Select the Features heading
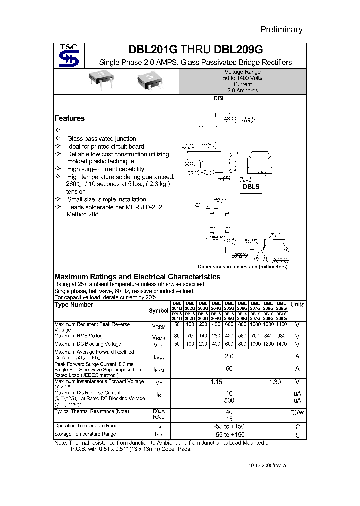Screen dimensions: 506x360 69,118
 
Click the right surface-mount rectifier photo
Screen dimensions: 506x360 149,82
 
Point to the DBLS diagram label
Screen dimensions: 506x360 251,186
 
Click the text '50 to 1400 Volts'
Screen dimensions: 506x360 242,78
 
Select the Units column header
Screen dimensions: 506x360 297,304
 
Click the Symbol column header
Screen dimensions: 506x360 159,310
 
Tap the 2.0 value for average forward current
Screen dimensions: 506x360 229,356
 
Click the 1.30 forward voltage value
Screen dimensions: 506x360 275,382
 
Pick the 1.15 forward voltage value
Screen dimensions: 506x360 216,382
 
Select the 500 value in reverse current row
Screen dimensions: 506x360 229,401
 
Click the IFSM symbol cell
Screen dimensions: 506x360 159,370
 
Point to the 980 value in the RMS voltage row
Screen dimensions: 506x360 281,337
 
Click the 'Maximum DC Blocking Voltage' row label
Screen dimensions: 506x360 88,344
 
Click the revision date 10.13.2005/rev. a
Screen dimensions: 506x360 268,465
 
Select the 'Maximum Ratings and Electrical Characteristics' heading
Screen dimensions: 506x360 137,276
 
